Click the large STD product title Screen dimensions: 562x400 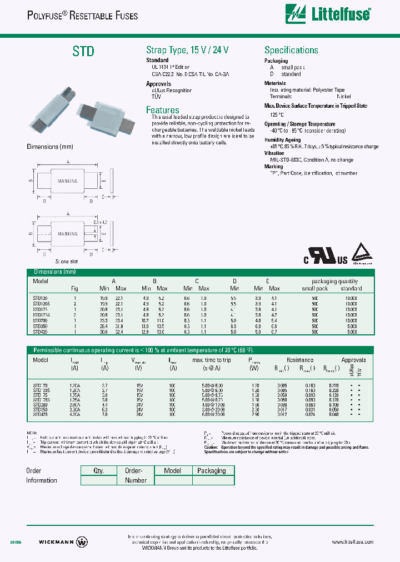point(83,52)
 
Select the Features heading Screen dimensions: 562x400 point(162,110)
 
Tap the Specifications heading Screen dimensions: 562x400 point(291,50)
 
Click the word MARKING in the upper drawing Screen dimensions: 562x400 point(68,182)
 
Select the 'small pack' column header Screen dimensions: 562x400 point(315,288)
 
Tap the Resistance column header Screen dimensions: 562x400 point(300,360)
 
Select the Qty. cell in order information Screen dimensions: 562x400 point(98,470)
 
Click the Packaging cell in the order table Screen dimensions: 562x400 point(212,470)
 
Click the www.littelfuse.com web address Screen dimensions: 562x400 point(352,542)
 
